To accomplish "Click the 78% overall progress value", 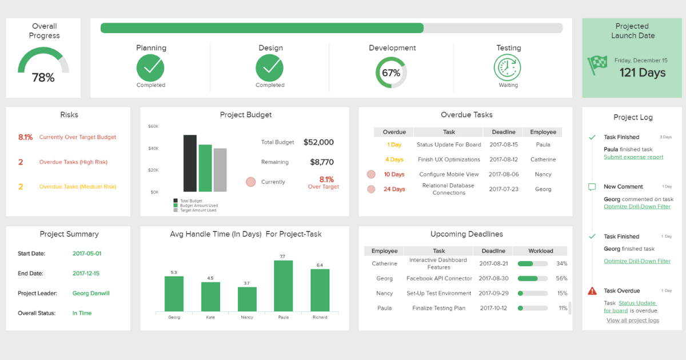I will coord(43,78).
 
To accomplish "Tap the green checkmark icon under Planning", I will coord(150,69).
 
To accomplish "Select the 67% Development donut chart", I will coord(391,73).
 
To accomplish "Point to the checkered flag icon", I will coord(597,65).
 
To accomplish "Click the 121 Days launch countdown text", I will coord(643,73).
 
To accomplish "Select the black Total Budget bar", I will coord(190,163).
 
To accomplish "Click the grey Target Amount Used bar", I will coord(220,170).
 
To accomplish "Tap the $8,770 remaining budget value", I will coord(322,162).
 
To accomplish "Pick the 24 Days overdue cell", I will coord(394,189).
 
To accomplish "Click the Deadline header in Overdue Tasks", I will coord(503,132).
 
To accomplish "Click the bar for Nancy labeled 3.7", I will coord(247,299).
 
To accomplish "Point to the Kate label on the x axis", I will coord(210,317).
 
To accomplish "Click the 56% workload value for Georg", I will coord(561,279).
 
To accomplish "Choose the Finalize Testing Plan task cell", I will coord(438,308).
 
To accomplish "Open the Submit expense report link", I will coord(633,157).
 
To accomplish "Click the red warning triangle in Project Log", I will coord(592,291).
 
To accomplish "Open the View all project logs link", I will coord(632,321).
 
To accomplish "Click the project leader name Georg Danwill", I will coord(91,293).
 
